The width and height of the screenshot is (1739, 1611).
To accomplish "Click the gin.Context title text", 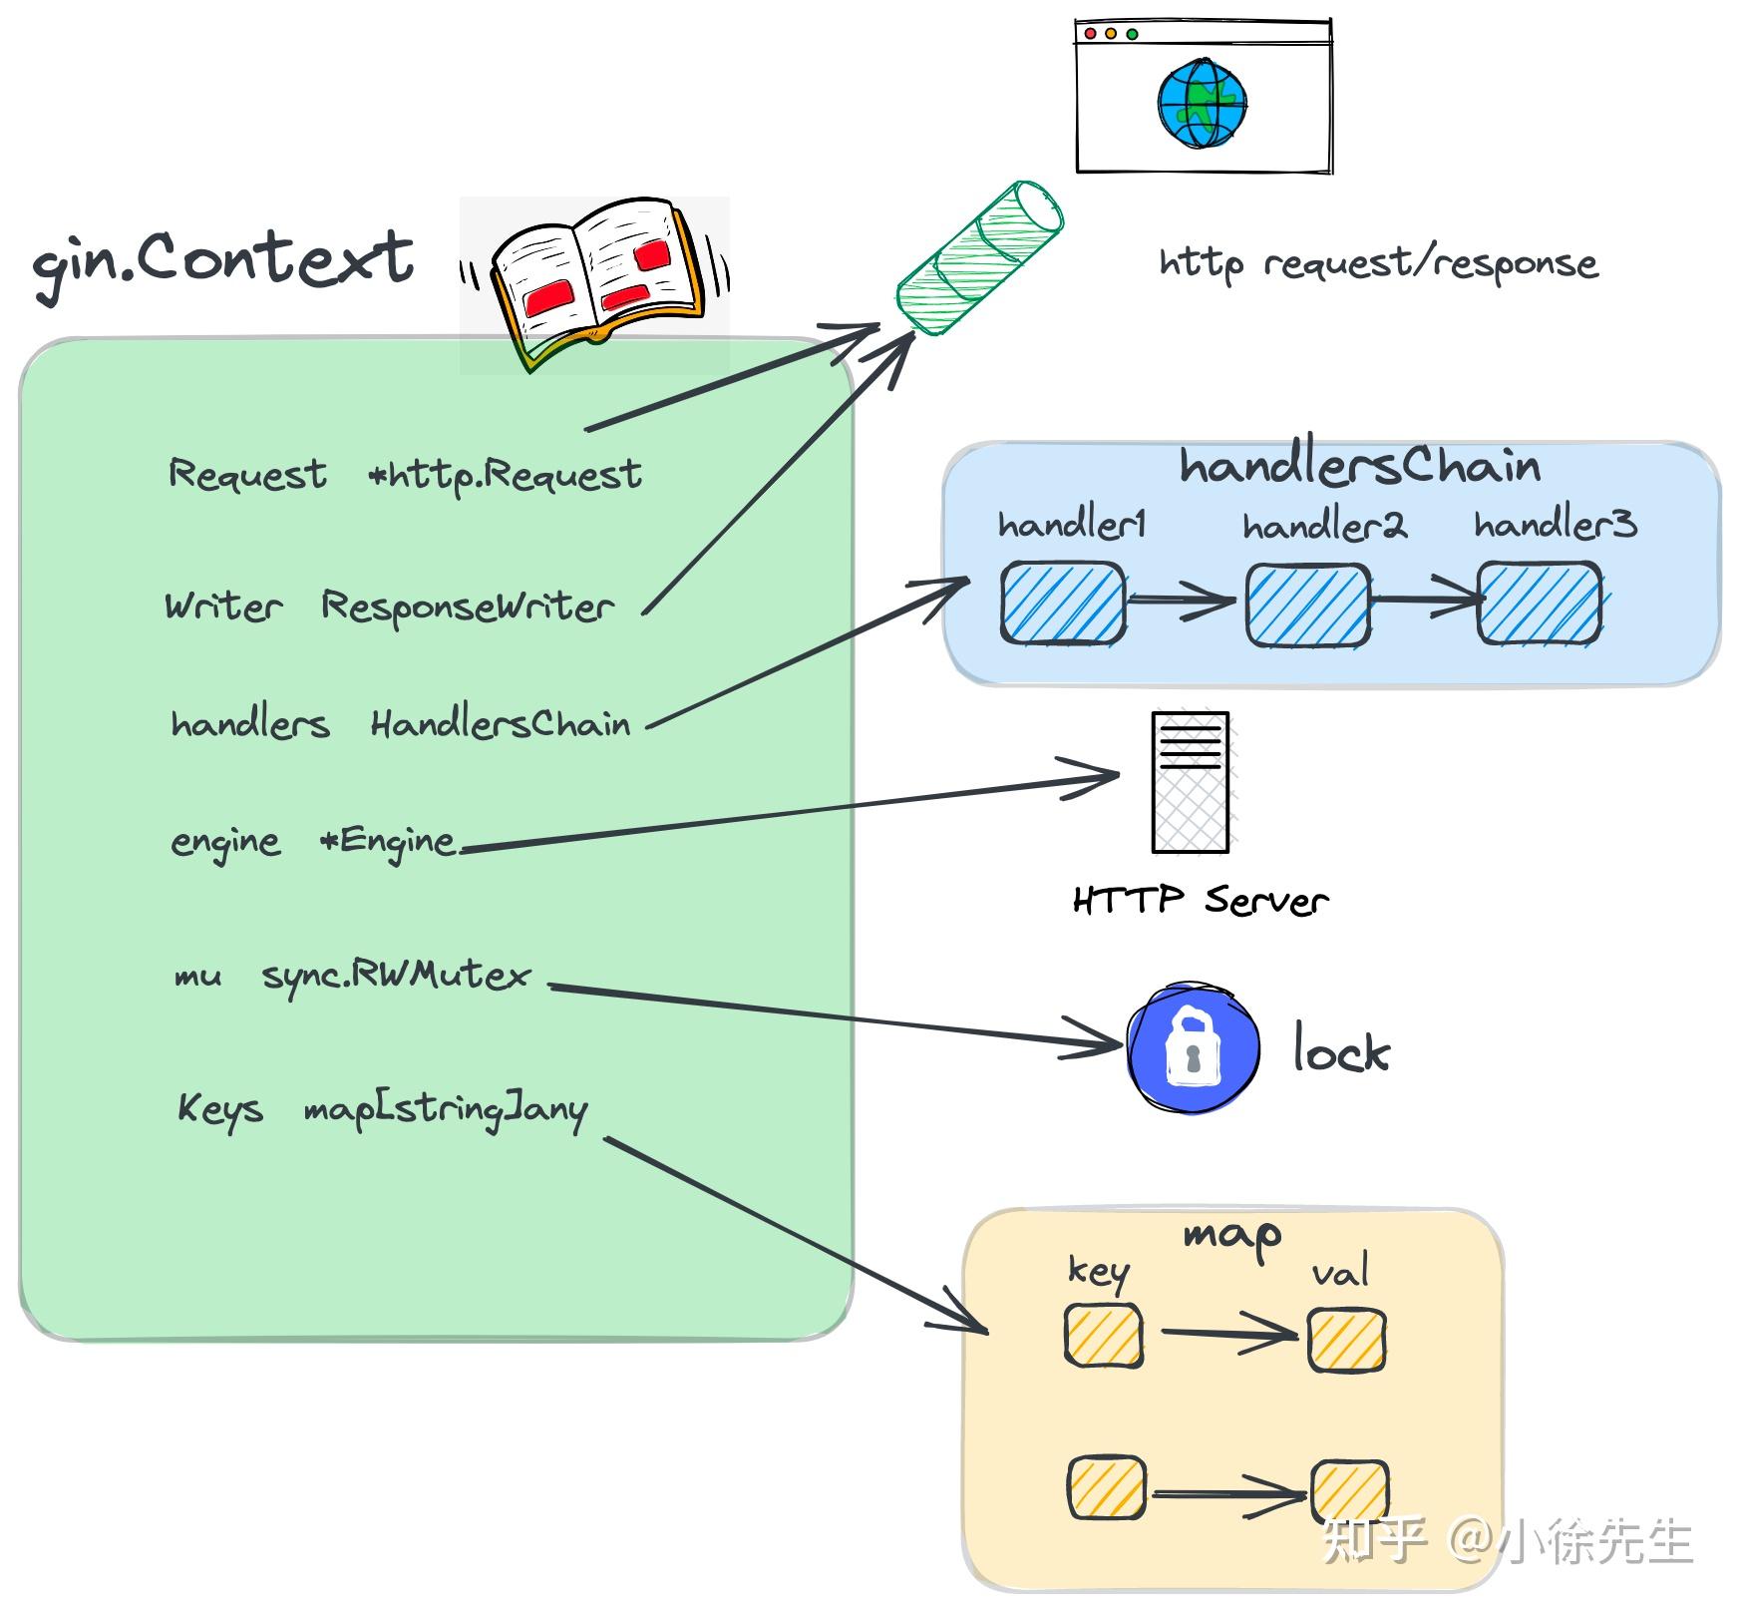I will coord(223,261).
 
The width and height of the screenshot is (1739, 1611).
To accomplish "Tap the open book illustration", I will coord(595,279).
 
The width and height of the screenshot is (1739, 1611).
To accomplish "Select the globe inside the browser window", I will coord(1203,104).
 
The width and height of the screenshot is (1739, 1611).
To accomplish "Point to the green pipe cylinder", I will coord(980,257).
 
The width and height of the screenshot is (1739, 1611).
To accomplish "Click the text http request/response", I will coord(1378,263).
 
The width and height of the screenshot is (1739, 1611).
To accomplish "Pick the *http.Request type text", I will coord(505,476).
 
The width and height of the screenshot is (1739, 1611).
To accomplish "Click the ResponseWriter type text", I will coord(467,606).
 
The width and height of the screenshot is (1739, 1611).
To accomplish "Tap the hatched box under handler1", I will coord(1063,603).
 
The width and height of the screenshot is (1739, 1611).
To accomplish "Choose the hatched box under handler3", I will coord(1539,603).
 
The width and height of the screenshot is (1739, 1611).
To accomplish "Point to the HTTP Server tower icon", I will coord(1191,783).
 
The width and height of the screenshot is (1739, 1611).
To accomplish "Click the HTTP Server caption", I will coord(1200,901).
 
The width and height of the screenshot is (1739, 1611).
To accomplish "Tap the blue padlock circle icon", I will coord(1193,1048).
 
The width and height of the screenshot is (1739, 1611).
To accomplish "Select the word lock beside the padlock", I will coord(1340,1050).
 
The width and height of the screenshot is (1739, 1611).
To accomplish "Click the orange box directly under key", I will coord(1103,1337).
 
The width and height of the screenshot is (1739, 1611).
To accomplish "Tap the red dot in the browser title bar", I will coord(1090,34).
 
